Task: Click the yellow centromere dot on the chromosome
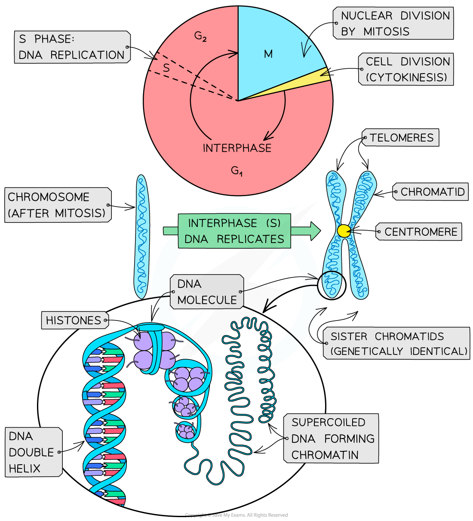pos(344,231)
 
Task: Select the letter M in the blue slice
pos(268,54)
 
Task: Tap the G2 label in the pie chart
pos(200,36)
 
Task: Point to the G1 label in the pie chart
pos(237,171)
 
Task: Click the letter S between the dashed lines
pos(166,68)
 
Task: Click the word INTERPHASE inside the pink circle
pos(237,148)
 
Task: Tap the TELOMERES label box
pos(401,138)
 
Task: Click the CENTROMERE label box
pos(419,232)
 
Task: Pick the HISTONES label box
pos(74,321)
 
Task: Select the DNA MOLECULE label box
pos(207,292)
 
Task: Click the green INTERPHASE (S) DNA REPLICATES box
pos(235,231)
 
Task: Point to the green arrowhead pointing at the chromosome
pos(315,231)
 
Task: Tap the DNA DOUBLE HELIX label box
pos(33,452)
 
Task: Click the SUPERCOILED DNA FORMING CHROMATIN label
pos(332,438)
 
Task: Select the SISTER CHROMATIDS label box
pos(396,343)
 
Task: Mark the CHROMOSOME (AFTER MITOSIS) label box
pos(57,205)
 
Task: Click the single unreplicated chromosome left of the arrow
pos(141,237)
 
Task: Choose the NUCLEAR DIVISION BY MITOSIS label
pos(393,23)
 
